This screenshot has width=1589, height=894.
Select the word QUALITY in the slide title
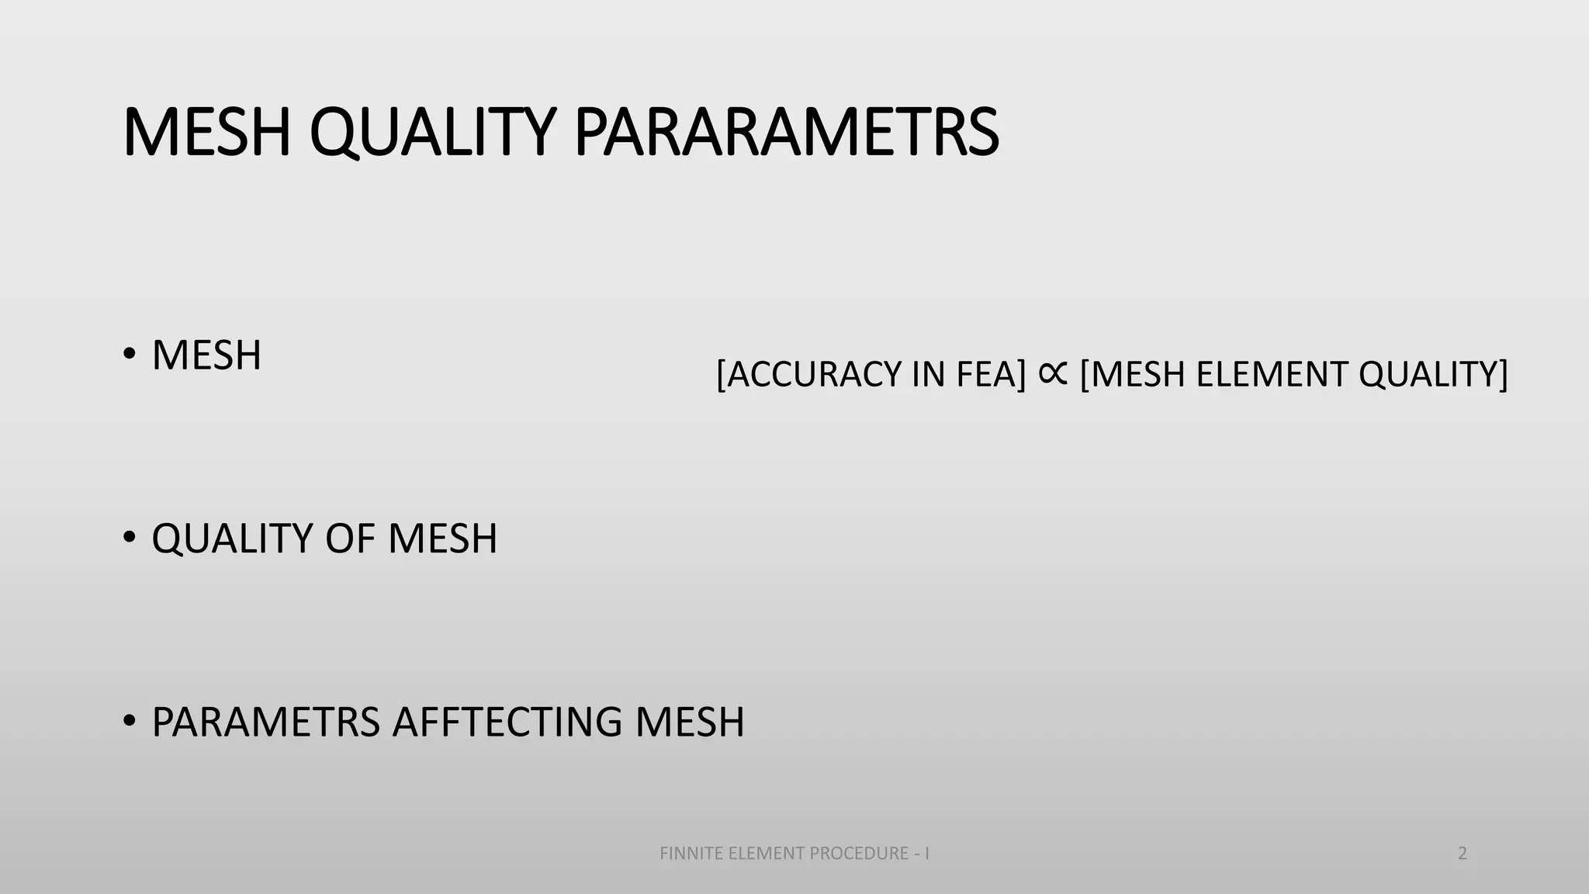click(x=432, y=133)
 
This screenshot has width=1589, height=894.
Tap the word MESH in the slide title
click(x=206, y=133)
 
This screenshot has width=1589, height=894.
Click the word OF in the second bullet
click(x=349, y=538)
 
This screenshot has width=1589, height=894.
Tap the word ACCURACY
click(x=814, y=374)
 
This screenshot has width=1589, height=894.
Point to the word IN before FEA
click(x=928, y=374)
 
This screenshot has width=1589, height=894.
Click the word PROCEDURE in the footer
click(x=858, y=854)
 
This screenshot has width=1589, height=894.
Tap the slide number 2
click(x=1463, y=854)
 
